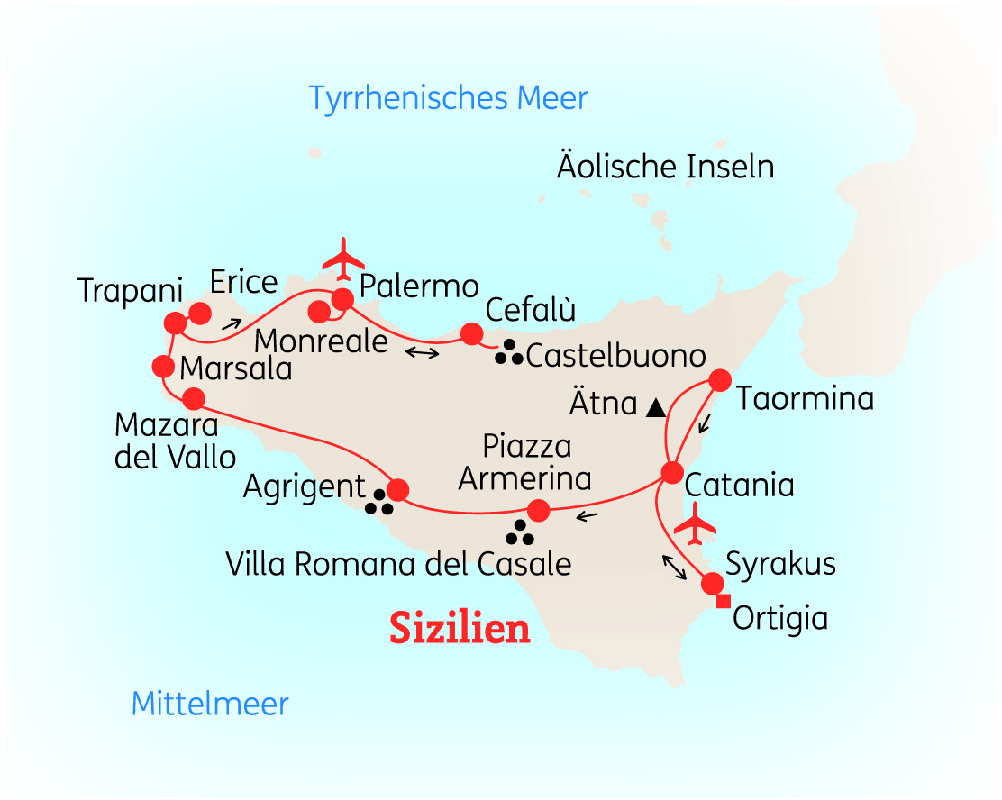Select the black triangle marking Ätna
pyautogui.click(x=656, y=407)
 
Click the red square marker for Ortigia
pyautogui.click(x=723, y=601)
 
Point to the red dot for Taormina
pyautogui.click(x=719, y=380)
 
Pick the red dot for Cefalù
pyautogui.click(x=471, y=334)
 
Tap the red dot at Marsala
pyautogui.click(x=163, y=367)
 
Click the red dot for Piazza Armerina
pyautogui.click(x=538, y=511)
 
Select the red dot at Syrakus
pyautogui.click(x=712, y=582)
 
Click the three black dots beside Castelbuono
pyautogui.click(x=509, y=353)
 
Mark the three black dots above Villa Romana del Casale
pyautogui.click(x=520, y=533)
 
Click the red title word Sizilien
pyautogui.click(x=460, y=628)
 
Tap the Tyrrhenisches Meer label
pyautogui.click(x=448, y=97)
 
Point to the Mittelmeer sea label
pyautogui.click(x=210, y=704)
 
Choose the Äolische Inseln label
pyautogui.click(x=665, y=167)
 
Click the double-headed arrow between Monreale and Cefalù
pyautogui.click(x=422, y=352)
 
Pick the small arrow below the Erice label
pyautogui.click(x=232, y=323)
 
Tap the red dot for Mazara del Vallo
pyautogui.click(x=194, y=398)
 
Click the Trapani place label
pyautogui.click(x=130, y=290)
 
